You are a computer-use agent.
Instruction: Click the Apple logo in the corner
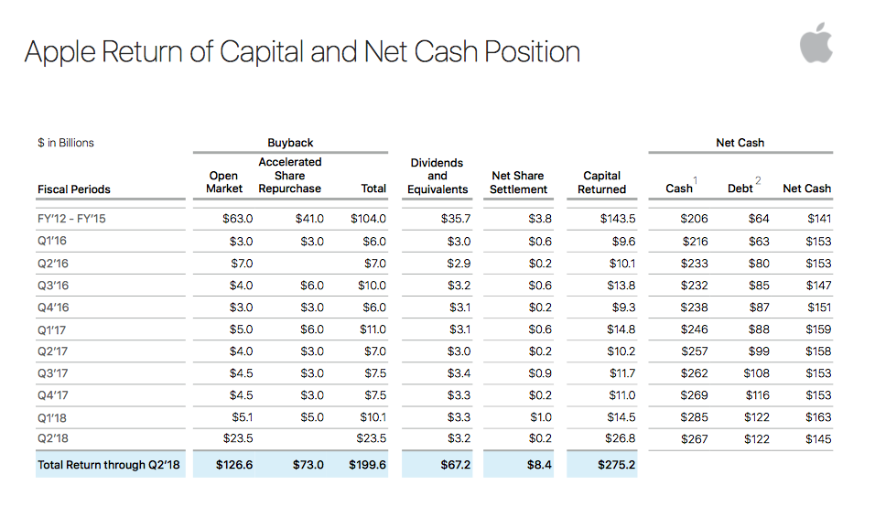click(816, 43)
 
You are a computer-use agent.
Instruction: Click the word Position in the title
click(532, 52)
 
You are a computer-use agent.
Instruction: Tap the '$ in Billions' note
click(66, 143)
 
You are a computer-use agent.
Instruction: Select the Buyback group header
click(290, 143)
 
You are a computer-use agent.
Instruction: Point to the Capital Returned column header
click(601, 182)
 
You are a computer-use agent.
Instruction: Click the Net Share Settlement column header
click(518, 182)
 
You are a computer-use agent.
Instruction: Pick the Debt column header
click(740, 189)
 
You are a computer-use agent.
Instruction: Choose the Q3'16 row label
click(53, 286)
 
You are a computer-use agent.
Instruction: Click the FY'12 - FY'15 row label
click(71, 219)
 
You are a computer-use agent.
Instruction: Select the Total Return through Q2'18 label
click(109, 465)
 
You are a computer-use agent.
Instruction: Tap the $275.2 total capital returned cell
click(617, 465)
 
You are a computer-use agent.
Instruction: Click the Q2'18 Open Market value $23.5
click(238, 438)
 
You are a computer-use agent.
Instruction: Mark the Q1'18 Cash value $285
click(694, 417)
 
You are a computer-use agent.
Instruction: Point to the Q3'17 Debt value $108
click(757, 373)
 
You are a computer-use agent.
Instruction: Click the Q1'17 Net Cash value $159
click(818, 329)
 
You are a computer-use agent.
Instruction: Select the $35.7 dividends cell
click(456, 219)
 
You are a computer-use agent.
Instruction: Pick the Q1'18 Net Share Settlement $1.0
click(540, 417)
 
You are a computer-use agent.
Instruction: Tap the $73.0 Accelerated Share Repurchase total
click(308, 465)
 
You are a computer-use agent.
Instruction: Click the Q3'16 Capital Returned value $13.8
click(621, 286)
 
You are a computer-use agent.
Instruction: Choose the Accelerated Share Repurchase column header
click(290, 175)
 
